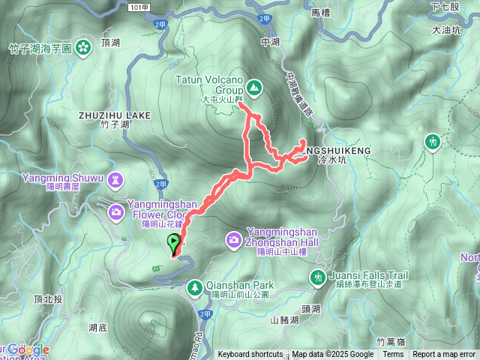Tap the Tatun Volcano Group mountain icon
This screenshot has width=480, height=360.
[255, 88]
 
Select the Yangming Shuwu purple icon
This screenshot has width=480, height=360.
[115, 179]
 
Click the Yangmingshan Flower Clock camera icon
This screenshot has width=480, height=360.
[115, 211]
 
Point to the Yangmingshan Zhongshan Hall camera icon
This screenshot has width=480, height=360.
[234, 239]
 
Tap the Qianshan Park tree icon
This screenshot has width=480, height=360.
[194, 286]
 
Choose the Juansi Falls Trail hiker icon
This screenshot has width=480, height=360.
[319, 277]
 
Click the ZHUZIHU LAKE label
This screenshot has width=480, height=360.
[114, 115]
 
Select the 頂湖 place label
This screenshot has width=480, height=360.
[110, 43]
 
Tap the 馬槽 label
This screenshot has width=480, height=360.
[320, 13]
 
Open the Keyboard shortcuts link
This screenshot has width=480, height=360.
[250, 355]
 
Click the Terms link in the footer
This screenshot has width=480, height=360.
[393, 355]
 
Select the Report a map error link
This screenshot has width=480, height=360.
[445, 355]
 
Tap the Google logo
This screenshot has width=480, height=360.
[28, 349]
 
